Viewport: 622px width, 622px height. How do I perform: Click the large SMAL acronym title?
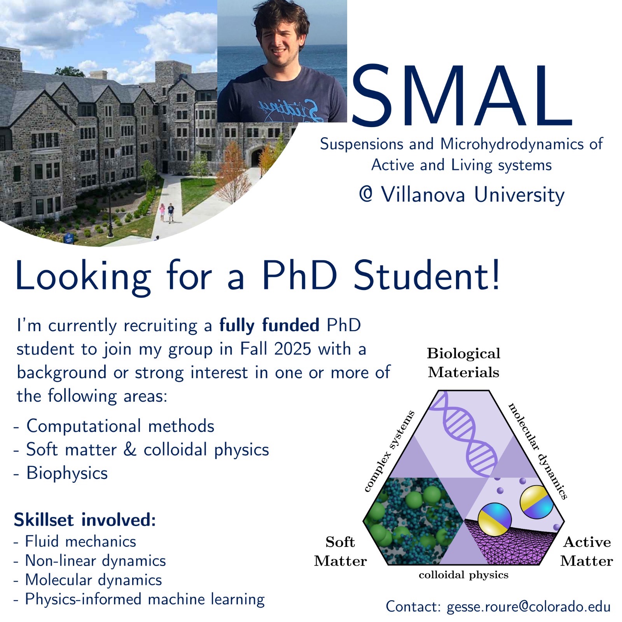coord(461,96)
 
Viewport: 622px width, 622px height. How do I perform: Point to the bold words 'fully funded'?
coord(269,325)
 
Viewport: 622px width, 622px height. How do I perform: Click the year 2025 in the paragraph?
coord(292,349)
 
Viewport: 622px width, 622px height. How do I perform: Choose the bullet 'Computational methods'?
coord(120,426)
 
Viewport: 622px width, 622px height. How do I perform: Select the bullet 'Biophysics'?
coord(67,473)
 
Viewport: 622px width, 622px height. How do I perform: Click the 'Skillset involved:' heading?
coord(85,520)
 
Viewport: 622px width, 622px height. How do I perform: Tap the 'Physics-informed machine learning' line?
coord(145,599)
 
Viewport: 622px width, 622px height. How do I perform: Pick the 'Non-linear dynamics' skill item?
coord(95,561)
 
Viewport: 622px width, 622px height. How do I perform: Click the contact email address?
coord(529,607)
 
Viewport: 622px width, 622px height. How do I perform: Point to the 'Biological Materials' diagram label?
coord(463,363)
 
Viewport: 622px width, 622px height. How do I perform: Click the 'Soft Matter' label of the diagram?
coord(341,551)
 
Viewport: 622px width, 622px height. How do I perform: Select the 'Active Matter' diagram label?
coord(587,551)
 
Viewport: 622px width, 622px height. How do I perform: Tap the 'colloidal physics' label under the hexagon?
coord(463,575)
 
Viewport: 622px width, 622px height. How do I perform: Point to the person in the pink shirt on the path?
coord(162,211)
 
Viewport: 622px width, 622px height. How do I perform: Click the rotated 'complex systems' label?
coord(389,451)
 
